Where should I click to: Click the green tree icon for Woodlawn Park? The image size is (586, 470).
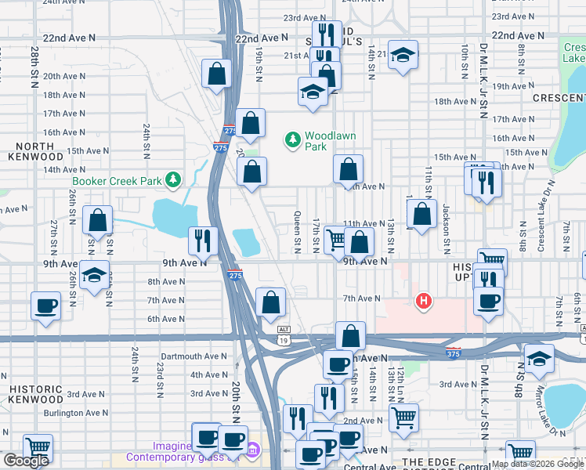pyautogui.click(x=293, y=139)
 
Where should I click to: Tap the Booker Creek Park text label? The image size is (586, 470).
pyautogui.click(x=118, y=181)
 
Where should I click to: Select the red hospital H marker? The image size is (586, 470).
pyautogui.click(x=424, y=301)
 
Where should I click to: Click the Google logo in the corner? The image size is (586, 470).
pyautogui.click(x=26, y=461)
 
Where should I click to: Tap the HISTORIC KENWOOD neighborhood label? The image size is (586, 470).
pyautogui.click(x=36, y=396)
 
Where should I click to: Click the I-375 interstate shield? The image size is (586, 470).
pyautogui.click(x=453, y=353)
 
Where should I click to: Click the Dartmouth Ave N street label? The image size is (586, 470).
pyautogui.click(x=193, y=356)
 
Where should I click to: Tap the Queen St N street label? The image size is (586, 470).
pyautogui.click(x=298, y=232)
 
